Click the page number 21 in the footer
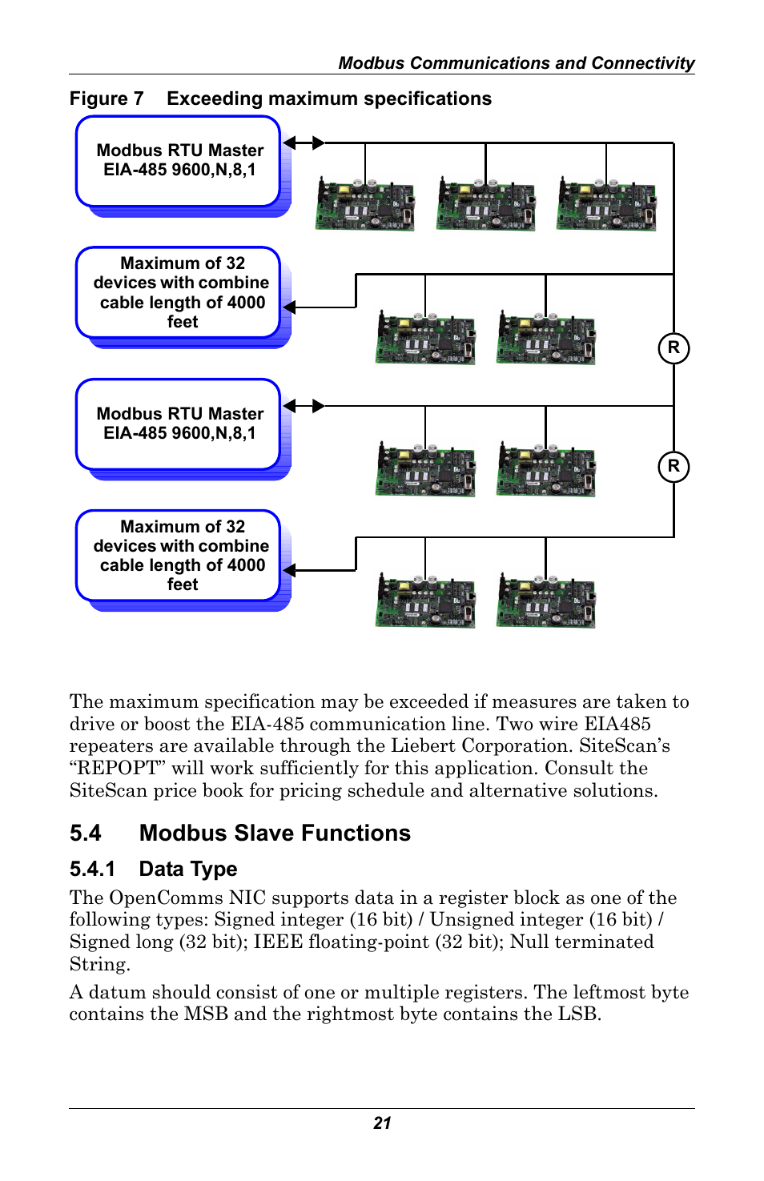pyautogui.click(x=382, y=1123)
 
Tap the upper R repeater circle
pyautogui.click(x=674, y=348)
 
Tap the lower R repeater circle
pyautogui.click(x=674, y=467)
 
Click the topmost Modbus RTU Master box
pyautogui.click(x=179, y=161)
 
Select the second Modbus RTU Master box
pyautogui.click(x=179, y=424)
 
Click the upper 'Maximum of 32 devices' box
pyautogui.click(x=179, y=292)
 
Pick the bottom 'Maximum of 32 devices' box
pyautogui.click(x=179, y=556)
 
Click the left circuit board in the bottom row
pyautogui.click(x=425, y=601)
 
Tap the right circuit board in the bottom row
pyautogui.click(x=545, y=601)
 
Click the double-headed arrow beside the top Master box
pyautogui.click(x=304, y=143)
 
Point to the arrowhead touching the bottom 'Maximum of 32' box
pyautogui.click(x=290, y=571)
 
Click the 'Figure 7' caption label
pyautogui.click(x=107, y=99)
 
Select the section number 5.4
pyautogui.click(x=86, y=834)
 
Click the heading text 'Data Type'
pyautogui.click(x=188, y=870)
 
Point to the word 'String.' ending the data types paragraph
pyautogui.click(x=99, y=965)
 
